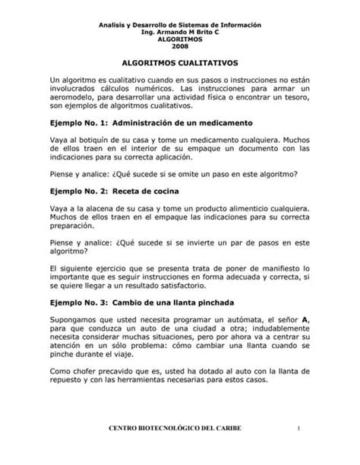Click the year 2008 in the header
point(180,46)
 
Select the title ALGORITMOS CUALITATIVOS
point(180,66)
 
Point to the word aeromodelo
point(77,102)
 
